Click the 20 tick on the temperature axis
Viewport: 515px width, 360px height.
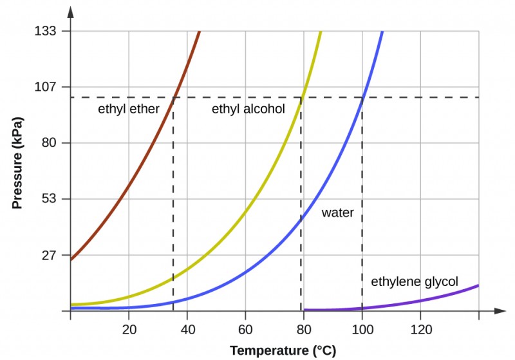(x=129, y=330)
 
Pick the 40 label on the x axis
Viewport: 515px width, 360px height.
(x=187, y=330)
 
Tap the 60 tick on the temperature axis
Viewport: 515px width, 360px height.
(x=245, y=330)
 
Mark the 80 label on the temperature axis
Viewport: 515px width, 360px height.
(x=304, y=330)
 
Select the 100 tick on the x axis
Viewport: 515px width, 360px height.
(x=362, y=330)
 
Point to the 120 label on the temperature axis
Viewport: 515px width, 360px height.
(x=420, y=330)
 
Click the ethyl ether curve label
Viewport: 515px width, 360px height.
(x=128, y=109)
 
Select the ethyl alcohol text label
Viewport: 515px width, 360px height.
(x=248, y=109)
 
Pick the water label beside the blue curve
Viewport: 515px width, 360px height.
(x=338, y=212)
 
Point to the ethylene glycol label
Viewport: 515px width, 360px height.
(x=415, y=282)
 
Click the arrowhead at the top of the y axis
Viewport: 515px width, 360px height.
(x=70, y=11)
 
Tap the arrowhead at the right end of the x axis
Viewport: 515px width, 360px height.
(x=501, y=311)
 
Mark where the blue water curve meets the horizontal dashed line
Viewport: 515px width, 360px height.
(x=362, y=97)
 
